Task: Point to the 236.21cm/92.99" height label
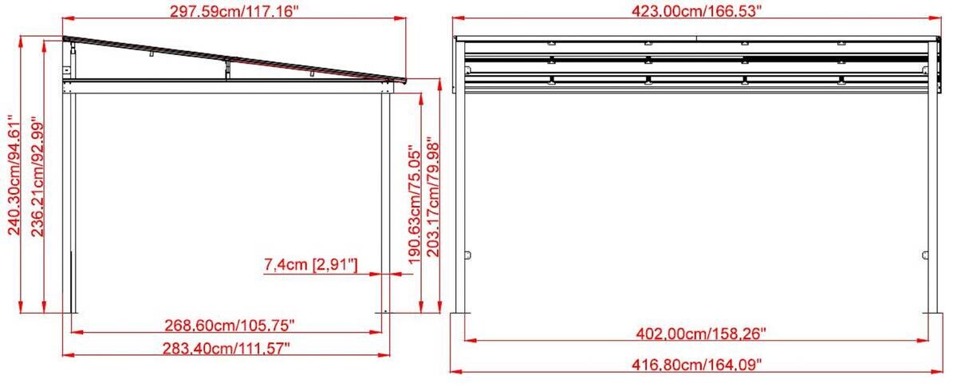(x=37, y=176)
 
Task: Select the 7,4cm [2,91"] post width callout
(x=310, y=263)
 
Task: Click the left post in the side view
(x=70, y=199)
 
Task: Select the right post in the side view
(x=386, y=199)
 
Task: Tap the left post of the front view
(x=462, y=199)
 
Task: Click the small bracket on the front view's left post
(x=469, y=255)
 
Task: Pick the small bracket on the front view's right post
(x=925, y=255)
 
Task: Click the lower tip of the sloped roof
(x=405, y=80)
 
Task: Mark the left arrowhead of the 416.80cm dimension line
(x=453, y=371)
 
